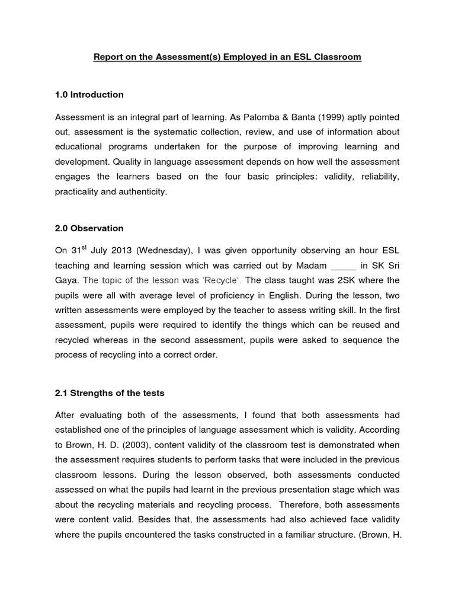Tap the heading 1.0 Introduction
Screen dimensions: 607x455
pos(89,95)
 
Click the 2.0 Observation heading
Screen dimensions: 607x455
pos(89,228)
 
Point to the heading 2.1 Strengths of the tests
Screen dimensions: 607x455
pos(110,392)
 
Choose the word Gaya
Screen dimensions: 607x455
pos(66,280)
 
